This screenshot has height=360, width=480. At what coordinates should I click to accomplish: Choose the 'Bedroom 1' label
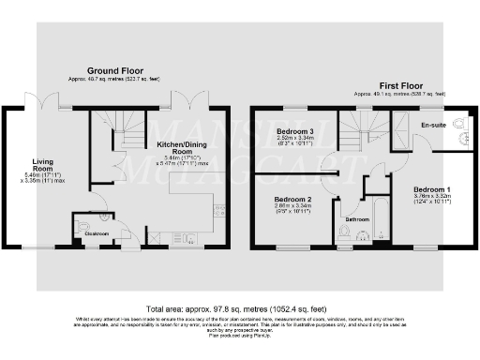tap(432, 190)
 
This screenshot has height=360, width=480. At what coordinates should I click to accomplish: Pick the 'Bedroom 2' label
tap(292, 200)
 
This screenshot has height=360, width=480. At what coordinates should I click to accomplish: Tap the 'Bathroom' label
tap(357, 220)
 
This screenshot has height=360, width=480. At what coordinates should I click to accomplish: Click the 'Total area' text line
tap(239, 307)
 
